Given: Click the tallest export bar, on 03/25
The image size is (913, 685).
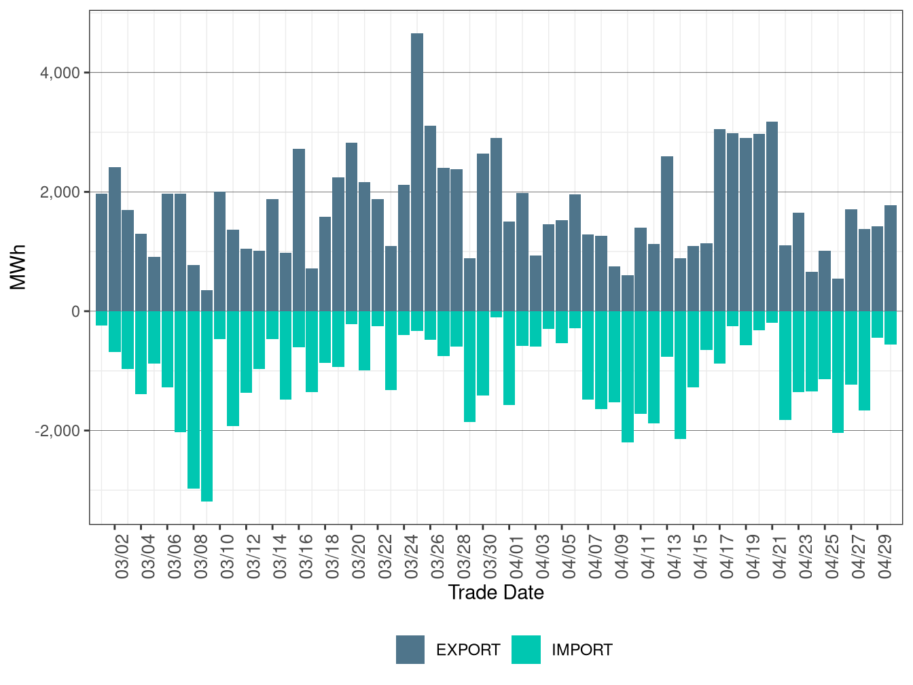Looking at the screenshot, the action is click(417, 172).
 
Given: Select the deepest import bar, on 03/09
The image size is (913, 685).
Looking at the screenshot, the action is click(207, 406).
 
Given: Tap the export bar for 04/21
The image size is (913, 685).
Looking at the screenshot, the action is click(772, 216).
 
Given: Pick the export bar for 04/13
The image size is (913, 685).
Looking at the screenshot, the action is click(667, 234).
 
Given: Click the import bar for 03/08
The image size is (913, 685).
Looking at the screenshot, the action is click(194, 400).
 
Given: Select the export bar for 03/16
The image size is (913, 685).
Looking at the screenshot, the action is click(299, 230).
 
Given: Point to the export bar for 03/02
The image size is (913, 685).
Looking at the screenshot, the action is click(115, 239).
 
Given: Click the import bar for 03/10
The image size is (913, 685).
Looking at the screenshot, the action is click(219, 325).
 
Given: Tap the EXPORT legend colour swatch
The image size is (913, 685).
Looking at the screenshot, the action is click(410, 649).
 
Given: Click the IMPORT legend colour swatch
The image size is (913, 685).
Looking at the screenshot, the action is click(526, 649).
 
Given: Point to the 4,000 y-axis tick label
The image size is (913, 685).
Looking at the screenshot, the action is click(60, 73).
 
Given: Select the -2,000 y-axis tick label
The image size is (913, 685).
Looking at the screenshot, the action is click(57, 431).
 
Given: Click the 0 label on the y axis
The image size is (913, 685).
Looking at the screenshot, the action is click(75, 311).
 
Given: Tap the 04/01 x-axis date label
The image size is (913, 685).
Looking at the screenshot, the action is click(516, 556).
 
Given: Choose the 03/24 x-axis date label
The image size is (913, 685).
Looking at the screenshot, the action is click(412, 556).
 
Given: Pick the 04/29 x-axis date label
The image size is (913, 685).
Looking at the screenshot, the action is click(884, 556).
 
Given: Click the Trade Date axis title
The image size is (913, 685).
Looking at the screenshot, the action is click(496, 593).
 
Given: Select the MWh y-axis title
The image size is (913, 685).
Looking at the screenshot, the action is click(18, 267).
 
